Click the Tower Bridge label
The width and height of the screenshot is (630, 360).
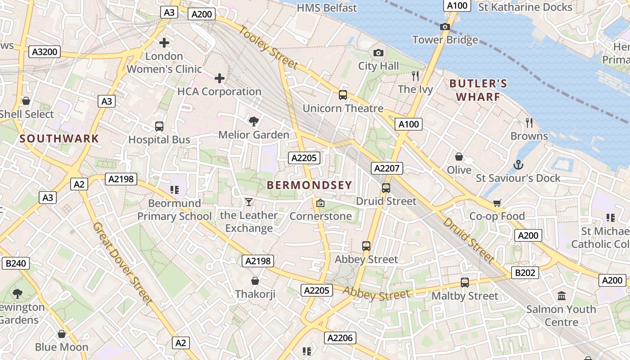point(445,40)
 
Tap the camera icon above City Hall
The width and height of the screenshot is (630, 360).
point(378,53)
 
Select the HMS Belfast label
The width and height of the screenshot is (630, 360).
point(327,8)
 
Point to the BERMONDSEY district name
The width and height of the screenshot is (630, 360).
point(309,185)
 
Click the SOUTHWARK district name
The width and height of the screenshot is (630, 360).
point(59,139)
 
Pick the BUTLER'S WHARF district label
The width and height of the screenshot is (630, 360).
point(478,90)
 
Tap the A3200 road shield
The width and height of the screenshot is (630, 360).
point(45,52)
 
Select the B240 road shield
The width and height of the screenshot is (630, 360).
point(16,263)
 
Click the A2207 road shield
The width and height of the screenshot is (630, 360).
point(387,168)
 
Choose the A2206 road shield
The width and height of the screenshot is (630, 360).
point(340,338)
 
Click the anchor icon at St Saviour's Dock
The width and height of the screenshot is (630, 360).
point(518,165)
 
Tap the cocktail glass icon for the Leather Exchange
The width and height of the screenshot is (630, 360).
point(248,202)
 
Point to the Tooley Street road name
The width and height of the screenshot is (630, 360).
point(268,48)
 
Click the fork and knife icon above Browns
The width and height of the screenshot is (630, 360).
point(529,122)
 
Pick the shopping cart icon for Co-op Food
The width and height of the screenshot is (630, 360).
point(497,203)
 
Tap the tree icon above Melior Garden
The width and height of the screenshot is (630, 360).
point(254,121)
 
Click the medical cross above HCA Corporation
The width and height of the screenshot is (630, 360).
point(220,79)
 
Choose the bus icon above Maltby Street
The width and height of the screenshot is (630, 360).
point(465,283)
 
